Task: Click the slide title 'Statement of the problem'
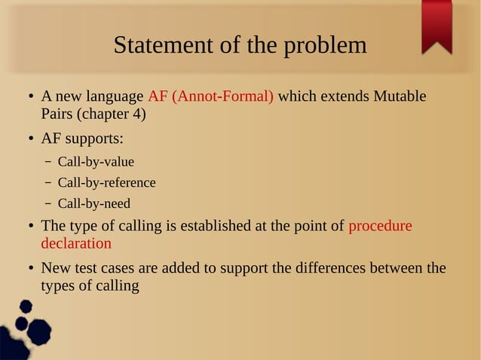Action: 240,46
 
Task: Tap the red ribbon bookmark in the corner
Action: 437,25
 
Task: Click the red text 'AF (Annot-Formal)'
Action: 211,97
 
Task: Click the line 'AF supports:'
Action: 82,140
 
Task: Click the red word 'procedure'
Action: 380,226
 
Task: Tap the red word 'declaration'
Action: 76,243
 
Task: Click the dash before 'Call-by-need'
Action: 48,204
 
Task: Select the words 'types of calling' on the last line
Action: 90,286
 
